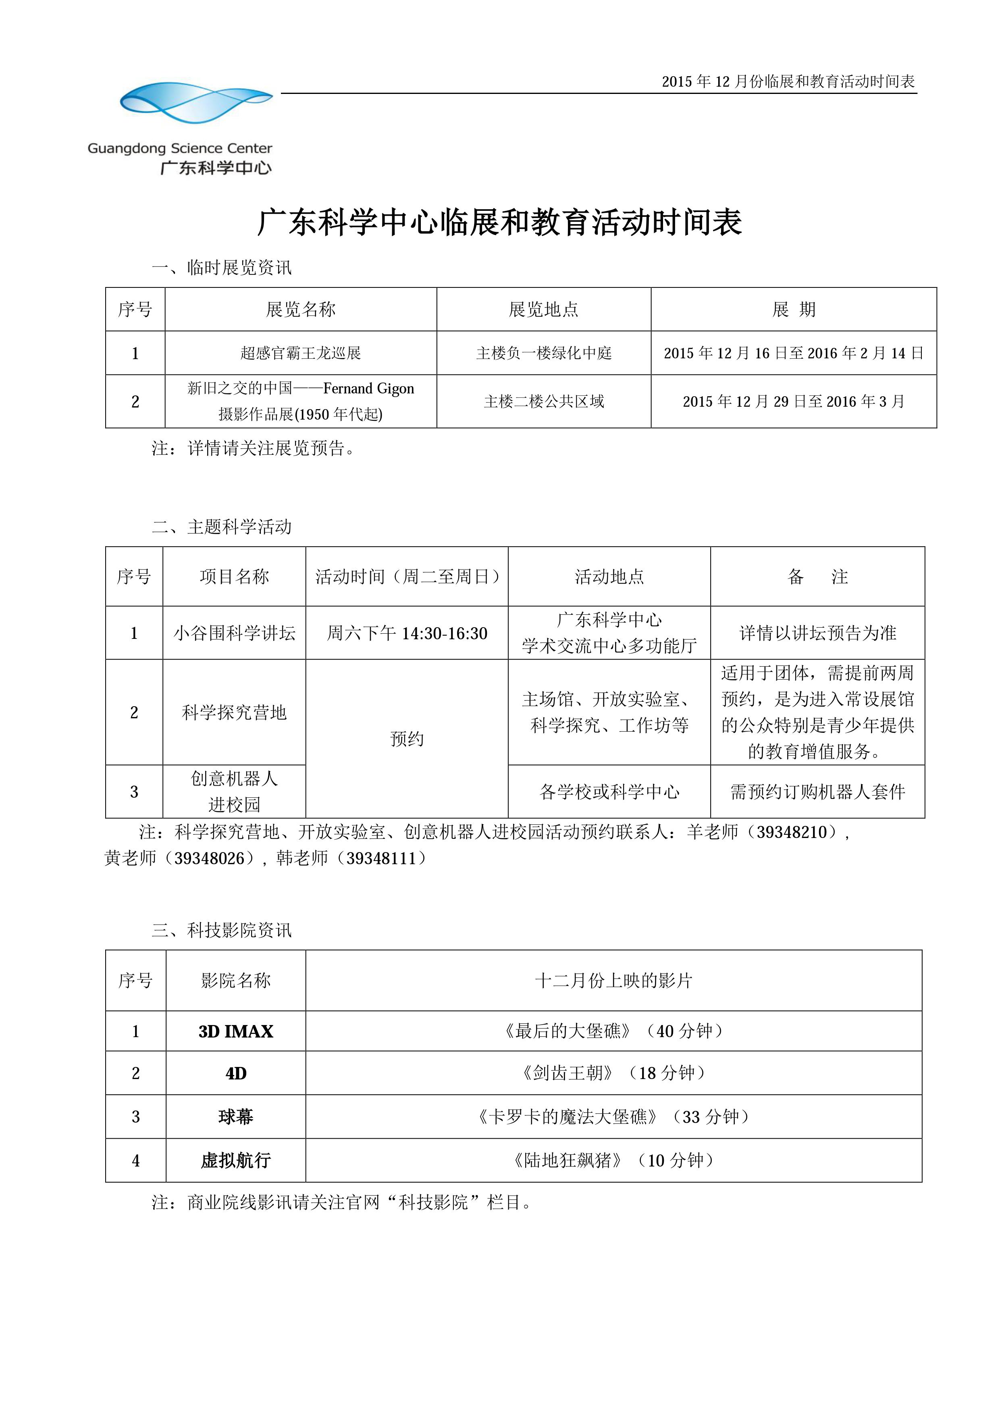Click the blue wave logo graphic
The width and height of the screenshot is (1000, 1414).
click(x=196, y=102)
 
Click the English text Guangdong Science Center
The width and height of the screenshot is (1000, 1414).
click(x=180, y=148)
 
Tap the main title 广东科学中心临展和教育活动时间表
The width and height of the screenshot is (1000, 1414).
click(x=499, y=222)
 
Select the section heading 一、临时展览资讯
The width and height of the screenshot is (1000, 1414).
click(x=222, y=267)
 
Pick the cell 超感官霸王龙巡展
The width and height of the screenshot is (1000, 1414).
click(x=301, y=353)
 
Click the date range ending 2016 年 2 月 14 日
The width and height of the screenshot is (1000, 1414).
click(x=794, y=353)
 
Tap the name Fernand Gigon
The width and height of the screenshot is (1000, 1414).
click(x=368, y=389)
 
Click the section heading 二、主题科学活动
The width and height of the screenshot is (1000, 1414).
click(x=222, y=526)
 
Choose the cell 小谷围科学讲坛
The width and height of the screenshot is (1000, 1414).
click(x=234, y=633)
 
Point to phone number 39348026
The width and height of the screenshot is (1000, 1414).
click(x=209, y=858)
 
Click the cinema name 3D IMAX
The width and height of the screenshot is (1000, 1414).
click(x=236, y=1031)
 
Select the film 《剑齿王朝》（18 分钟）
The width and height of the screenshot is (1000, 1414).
click(x=613, y=1073)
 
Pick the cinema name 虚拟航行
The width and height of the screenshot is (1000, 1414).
click(x=236, y=1160)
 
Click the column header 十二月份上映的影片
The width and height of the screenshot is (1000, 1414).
click(x=613, y=980)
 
